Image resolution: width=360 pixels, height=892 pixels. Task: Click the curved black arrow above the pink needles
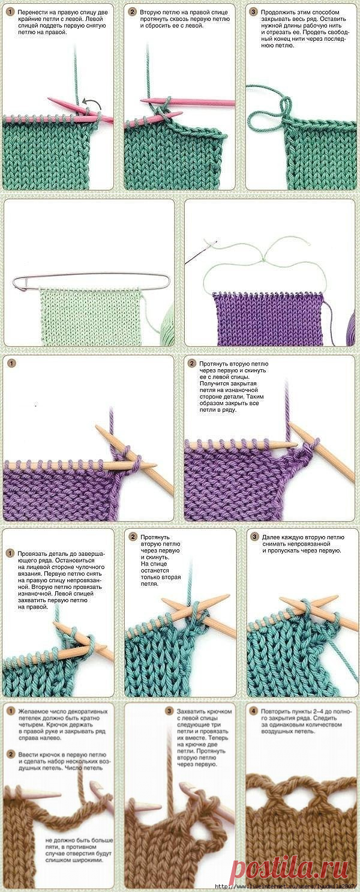pos(93,103)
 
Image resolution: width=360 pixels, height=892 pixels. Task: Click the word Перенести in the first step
pos(31,13)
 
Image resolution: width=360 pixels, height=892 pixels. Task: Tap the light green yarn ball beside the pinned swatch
pos(167,322)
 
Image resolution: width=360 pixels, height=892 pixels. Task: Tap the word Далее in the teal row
pos(271,537)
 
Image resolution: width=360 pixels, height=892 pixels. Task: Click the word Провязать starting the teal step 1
pos(31,553)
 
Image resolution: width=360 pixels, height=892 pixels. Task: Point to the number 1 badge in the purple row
pos(11,363)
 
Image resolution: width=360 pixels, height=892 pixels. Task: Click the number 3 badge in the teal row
pos(254,537)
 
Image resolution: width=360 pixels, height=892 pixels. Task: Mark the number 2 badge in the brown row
pos(11,755)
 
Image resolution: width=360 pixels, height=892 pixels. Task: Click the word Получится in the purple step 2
pos(213,384)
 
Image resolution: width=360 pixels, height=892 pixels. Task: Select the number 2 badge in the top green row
pos(132,12)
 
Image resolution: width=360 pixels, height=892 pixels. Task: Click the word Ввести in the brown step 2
pos(26,755)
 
